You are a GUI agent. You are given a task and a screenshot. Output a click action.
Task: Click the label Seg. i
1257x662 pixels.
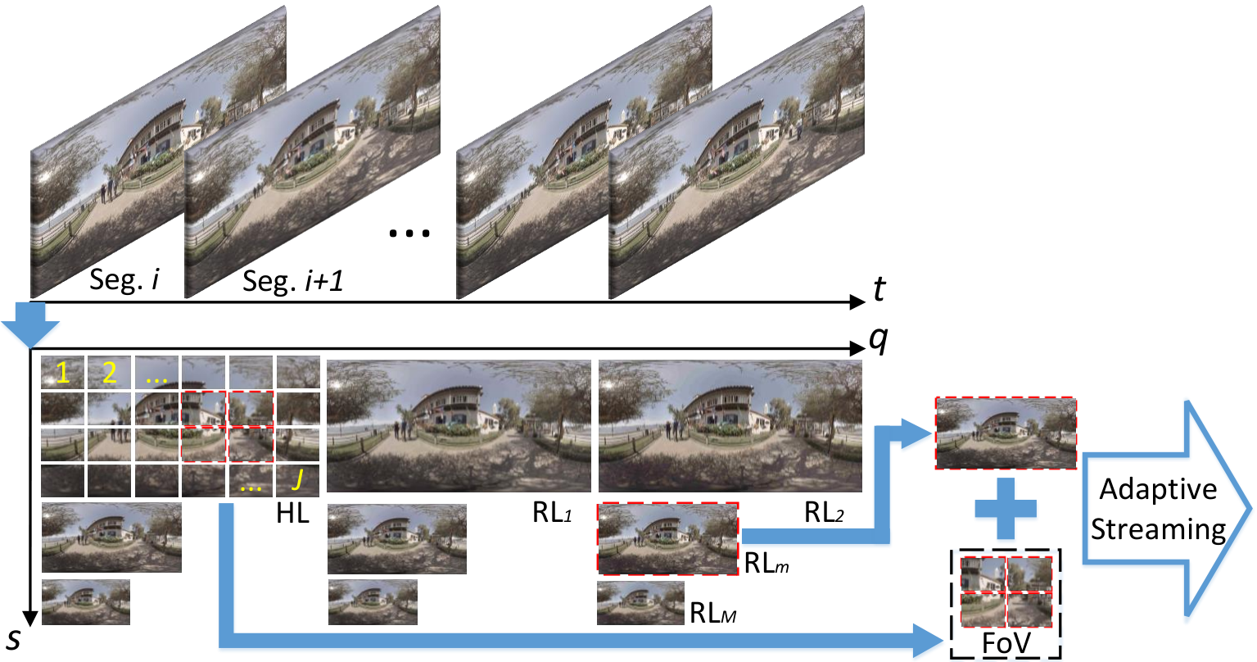pyautogui.click(x=124, y=279)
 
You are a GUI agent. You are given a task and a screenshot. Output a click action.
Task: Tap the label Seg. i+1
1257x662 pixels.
pyautogui.click(x=292, y=281)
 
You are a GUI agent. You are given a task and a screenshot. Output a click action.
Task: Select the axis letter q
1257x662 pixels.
pyautogui.click(x=878, y=340)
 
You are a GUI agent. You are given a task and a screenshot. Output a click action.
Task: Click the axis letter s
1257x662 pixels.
pyautogui.click(x=14, y=639)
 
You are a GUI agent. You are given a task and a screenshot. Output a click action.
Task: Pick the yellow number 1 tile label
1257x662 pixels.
pyautogui.click(x=62, y=373)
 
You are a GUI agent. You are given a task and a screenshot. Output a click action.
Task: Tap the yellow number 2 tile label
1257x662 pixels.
pyautogui.click(x=110, y=373)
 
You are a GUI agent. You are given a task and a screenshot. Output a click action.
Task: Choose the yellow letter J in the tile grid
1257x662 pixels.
pyautogui.click(x=298, y=479)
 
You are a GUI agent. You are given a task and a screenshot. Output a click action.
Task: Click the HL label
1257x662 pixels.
pyautogui.click(x=293, y=513)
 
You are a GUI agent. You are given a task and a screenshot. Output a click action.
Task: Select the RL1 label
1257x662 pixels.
pyautogui.click(x=552, y=513)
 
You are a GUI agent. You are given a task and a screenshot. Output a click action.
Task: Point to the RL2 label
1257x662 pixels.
pyautogui.click(x=824, y=513)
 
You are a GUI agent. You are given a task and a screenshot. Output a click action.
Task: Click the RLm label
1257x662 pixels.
pyautogui.click(x=766, y=563)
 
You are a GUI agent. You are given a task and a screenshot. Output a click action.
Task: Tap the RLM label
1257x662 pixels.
pyautogui.click(x=712, y=613)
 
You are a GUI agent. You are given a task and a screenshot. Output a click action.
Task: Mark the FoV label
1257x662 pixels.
pyautogui.click(x=1006, y=643)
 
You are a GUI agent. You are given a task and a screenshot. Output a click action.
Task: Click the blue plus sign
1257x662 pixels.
pyautogui.click(x=1006, y=509)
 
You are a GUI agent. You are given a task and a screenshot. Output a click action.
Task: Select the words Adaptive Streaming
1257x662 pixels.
pyautogui.click(x=1158, y=510)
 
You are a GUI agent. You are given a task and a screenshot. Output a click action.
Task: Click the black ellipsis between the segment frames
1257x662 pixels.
pyautogui.click(x=409, y=233)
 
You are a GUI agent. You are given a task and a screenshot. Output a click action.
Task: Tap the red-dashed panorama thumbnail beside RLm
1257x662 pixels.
pyautogui.click(x=667, y=539)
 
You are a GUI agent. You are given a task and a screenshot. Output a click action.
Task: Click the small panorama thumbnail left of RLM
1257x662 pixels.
pyautogui.click(x=641, y=603)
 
